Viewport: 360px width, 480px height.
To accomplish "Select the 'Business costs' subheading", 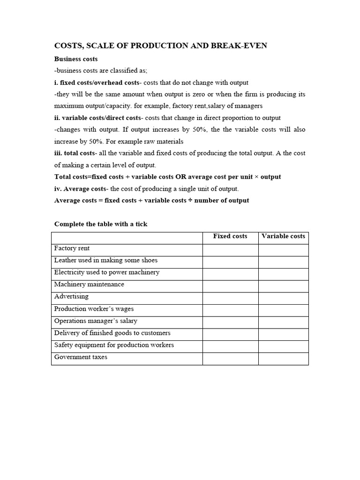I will coord(76,59).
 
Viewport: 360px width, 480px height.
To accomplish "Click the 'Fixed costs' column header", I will coord(230,236).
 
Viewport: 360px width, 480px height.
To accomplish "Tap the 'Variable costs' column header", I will coord(283,236).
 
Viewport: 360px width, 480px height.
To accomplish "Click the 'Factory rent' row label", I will coord(72,248).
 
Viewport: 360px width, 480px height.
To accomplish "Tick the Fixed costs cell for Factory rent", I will coord(230,250).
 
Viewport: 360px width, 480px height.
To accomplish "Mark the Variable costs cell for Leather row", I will coord(283,262).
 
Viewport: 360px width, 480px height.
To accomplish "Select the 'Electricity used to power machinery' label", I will coord(107,272).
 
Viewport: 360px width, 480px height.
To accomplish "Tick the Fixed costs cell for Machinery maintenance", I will coord(230,286).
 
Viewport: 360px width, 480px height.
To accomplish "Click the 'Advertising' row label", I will coord(71,297).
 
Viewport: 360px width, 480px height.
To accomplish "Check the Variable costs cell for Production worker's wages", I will coord(283,310).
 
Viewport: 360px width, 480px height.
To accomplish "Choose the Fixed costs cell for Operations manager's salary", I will coord(230,322).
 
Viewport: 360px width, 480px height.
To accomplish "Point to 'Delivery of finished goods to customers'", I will coord(112,333).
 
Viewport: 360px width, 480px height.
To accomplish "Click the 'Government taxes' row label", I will coord(81,357).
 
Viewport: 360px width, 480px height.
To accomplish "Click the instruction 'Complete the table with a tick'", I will coord(101,224).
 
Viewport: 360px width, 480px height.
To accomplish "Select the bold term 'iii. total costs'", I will coord(75,153).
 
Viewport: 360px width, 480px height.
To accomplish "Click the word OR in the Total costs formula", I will coord(181,177).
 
